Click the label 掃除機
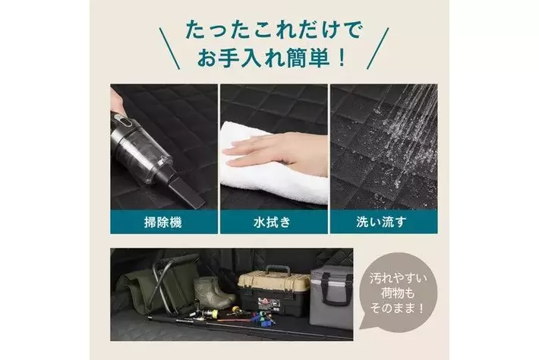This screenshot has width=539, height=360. click(x=163, y=223)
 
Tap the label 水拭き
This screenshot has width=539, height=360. click(x=273, y=223)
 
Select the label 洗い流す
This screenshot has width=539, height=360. click(x=382, y=223)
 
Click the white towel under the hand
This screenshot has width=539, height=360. click(x=272, y=172)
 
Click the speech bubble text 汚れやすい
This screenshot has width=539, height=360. click(x=398, y=278)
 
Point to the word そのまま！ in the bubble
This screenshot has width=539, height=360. click(x=398, y=308)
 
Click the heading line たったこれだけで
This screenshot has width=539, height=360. click(x=273, y=30)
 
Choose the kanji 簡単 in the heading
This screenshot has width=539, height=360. click(x=306, y=58)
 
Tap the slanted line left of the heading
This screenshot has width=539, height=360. click(x=169, y=49)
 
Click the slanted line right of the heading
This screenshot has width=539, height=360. click(x=378, y=49)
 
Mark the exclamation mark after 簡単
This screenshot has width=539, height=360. click(x=342, y=58)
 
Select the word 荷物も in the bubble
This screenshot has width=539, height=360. click(x=398, y=293)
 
